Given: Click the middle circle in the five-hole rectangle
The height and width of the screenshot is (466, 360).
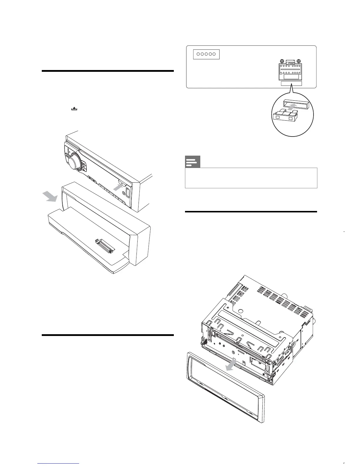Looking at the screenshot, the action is click(x=206, y=54).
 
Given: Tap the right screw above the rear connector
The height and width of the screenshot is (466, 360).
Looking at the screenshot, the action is click(x=299, y=61).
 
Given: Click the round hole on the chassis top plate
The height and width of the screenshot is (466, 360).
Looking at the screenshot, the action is click(x=241, y=311).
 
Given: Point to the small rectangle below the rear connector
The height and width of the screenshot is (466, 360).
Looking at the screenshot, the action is click(x=291, y=84).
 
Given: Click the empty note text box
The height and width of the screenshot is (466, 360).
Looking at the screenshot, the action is click(x=251, y=178).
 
